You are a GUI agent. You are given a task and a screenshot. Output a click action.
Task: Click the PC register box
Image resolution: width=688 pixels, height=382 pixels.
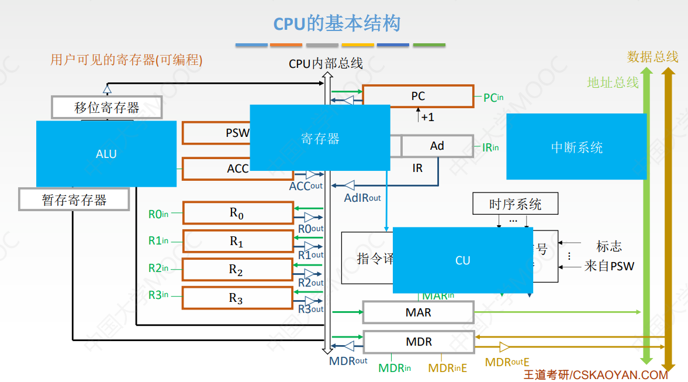[418, 97]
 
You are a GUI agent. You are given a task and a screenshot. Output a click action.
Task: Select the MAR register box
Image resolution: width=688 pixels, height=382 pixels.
[418, 312]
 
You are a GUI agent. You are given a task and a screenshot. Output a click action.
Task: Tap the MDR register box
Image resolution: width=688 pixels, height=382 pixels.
[418, 342]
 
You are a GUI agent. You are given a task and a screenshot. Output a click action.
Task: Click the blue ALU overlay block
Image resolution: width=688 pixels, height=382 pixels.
[106, 154]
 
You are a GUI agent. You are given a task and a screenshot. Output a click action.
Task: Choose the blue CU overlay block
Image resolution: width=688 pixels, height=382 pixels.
[462, 260]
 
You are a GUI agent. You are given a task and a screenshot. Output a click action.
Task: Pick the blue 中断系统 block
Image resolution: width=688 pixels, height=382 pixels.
[576, 147]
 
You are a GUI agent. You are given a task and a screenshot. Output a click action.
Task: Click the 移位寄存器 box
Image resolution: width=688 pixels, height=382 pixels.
[107, 108]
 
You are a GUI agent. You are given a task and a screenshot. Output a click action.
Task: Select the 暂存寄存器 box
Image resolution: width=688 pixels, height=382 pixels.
[74, 200]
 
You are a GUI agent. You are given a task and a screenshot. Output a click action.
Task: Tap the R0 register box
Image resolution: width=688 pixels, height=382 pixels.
[238, 213]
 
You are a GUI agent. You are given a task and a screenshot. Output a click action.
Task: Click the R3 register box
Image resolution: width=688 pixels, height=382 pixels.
[237, 298]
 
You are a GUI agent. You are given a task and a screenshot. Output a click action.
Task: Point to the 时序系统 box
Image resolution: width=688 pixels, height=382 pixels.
[515, 204]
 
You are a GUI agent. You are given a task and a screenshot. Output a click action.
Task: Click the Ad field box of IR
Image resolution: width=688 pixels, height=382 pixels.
[437, 146]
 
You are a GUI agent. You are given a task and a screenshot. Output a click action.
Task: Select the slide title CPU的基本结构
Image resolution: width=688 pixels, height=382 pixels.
[337, 24]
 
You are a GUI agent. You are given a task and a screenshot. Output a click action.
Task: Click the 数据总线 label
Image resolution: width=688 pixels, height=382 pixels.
[652, 57]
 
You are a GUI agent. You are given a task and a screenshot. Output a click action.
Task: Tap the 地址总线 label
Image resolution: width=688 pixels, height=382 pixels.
[613, 82]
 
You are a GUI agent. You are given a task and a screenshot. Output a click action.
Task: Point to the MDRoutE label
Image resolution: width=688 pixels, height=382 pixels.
[507, 363]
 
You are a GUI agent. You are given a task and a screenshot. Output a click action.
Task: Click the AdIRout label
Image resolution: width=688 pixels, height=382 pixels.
[362, 198]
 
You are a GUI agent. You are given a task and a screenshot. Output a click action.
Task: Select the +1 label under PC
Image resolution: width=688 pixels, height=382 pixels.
[427, 117]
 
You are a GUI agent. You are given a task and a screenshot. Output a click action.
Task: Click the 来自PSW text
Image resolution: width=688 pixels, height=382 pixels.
[609, 267]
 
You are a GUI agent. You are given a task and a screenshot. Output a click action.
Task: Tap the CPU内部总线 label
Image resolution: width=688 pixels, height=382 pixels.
[326, 63]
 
